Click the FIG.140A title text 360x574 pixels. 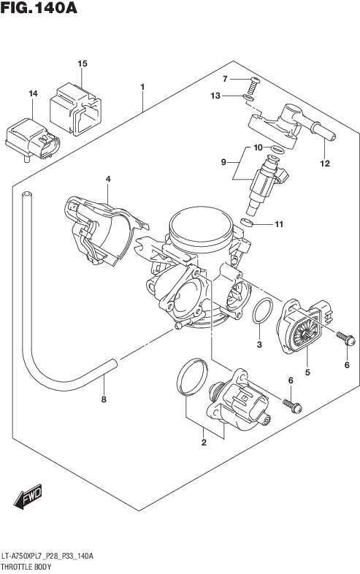click(39, 7)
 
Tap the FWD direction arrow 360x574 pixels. click(28, 497)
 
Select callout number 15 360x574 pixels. click(83, 64)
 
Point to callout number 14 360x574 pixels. click(33, 93)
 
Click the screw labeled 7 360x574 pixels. click(253, 85)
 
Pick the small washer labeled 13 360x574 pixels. click(248, 98)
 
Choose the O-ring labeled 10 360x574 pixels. click(278, 150)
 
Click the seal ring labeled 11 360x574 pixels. click(247, 222)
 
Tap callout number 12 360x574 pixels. click(325, 164)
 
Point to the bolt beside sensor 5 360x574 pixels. click(345, 339)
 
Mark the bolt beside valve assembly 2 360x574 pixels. click(292, 406)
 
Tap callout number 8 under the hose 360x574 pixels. click(104, 399)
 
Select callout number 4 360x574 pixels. click(108, 179)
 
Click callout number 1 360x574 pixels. click(142, 87)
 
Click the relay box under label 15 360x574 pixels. click(75, 109)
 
